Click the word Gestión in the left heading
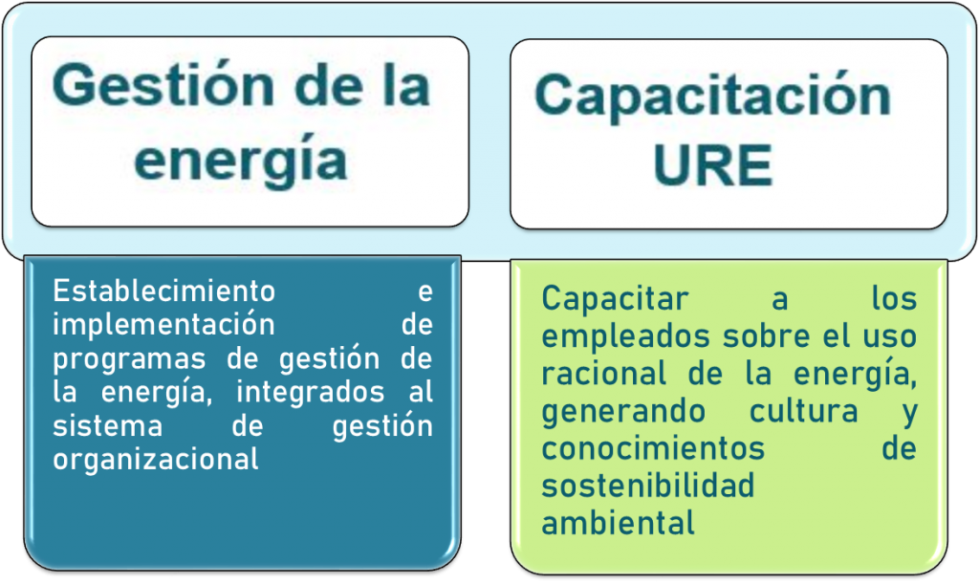point(163,86)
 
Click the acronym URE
point(713,165)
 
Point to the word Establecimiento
point(164,291)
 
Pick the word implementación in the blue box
point(163,325)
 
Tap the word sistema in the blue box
point(108,426)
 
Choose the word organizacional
point(156,461)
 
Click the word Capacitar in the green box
point(615,299)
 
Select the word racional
point(604,374)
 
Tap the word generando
point(623,413)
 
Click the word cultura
point(803,411)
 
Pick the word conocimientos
point(653,448)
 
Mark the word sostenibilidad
point(648,486)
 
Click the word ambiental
point(619,523)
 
